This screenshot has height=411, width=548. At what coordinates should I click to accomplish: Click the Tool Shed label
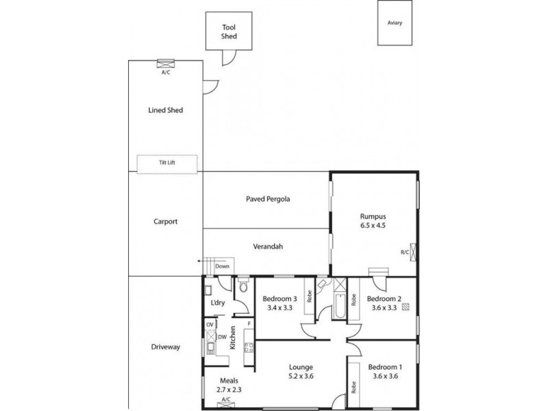click(229, 32)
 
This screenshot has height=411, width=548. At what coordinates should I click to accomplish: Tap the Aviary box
click(394, 23)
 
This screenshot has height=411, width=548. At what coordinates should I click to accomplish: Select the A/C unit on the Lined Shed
click(165, 64)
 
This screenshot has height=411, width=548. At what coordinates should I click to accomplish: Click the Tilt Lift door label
click(167, 163)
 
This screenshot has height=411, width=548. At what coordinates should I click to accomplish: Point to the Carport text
click(166, 222)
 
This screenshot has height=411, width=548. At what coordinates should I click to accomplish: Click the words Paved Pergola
click(268, 199)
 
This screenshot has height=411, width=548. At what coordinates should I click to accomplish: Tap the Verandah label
click(267, 247)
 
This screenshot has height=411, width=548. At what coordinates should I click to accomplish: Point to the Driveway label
click(165, 347)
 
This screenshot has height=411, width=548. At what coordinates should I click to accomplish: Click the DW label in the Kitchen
click(223, 336)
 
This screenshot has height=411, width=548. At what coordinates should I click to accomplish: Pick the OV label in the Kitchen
click(210, 324)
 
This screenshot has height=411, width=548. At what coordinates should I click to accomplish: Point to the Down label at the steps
click(222, 266)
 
